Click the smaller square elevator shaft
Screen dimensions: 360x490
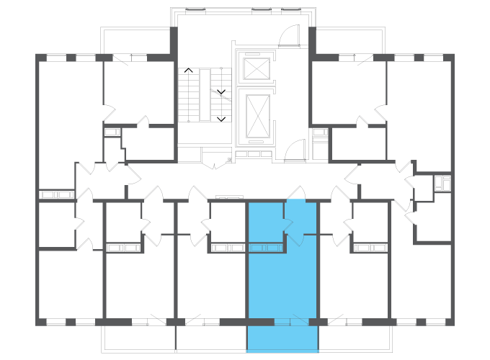(256, 68)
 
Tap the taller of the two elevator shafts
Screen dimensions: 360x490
(257, 115)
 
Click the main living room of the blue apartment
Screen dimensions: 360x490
(282, 284)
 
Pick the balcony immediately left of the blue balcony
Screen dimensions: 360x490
(210, 338)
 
